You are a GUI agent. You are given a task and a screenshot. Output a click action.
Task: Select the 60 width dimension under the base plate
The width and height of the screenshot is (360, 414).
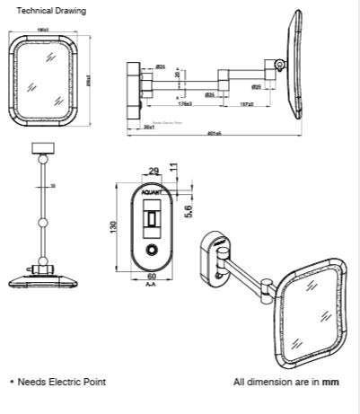pos(151,277)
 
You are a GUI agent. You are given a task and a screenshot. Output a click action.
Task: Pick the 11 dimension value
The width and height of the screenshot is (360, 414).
pos(173,167)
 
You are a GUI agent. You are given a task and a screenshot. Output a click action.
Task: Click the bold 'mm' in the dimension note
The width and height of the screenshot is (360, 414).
pos(332,382)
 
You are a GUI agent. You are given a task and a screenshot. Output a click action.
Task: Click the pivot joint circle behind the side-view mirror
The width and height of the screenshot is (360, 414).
pos(281,65)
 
